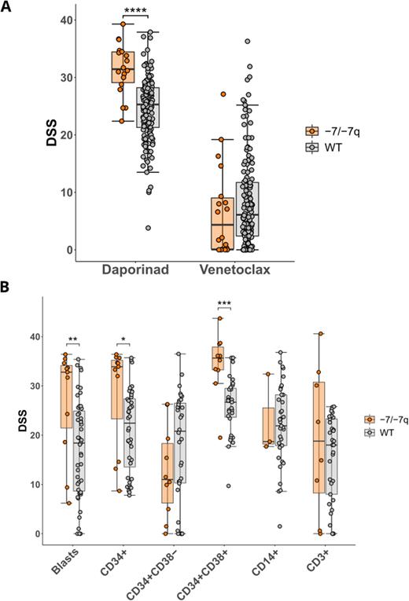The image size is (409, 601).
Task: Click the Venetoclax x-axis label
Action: pos(236,269)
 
